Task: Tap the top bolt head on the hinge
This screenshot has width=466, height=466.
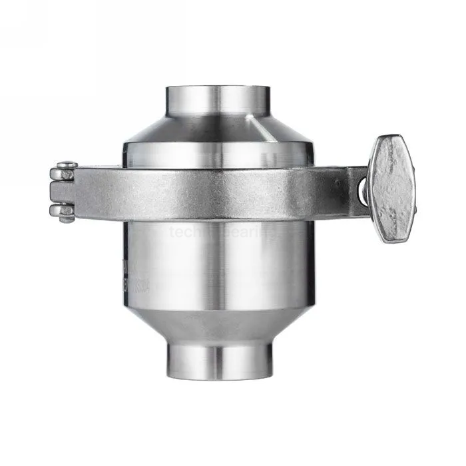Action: coord(67,164)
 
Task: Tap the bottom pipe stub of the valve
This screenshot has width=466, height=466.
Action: coord(219,359)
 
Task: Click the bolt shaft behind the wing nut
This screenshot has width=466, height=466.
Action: coord(363,190)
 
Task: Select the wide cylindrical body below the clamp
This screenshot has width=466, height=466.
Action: coord(219,266)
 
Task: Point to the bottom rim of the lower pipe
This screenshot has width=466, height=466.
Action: coord(219,377)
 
